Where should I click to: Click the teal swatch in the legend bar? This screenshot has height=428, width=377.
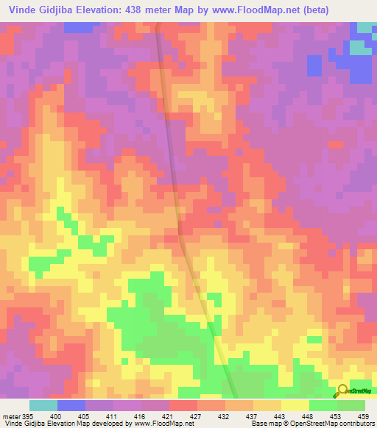[x=43, y=405]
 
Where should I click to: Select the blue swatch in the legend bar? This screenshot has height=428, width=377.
[x=71, y=405]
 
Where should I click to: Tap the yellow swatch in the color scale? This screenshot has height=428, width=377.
[x=295, y=405]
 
